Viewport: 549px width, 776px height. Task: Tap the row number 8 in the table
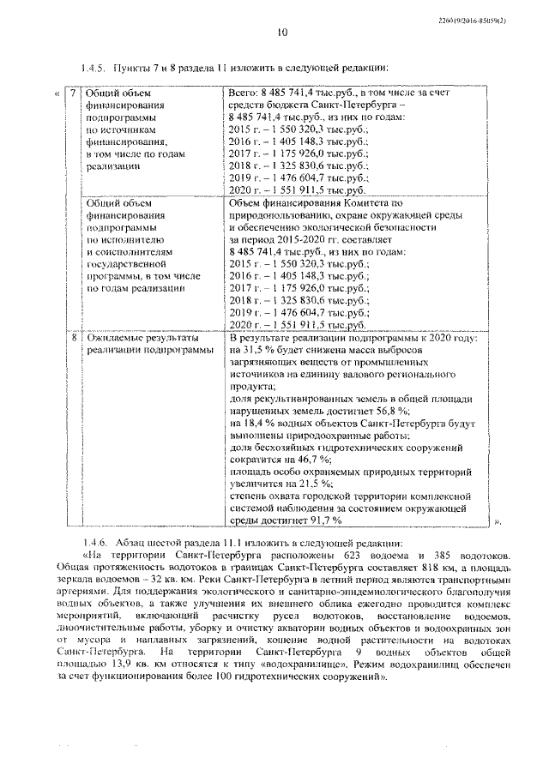point(73,340)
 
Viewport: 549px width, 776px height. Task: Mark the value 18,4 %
point(257,424)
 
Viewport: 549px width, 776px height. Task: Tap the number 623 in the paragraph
point(370,556)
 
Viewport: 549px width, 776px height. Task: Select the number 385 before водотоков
point(450,556)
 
